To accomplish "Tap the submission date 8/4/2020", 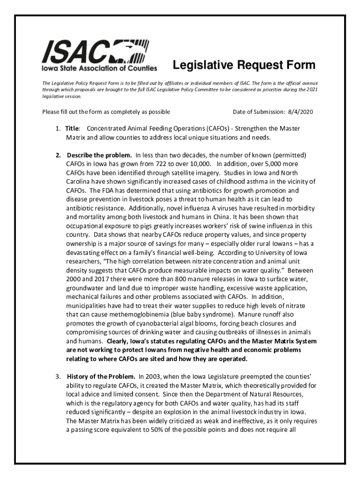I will point(300,112).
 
